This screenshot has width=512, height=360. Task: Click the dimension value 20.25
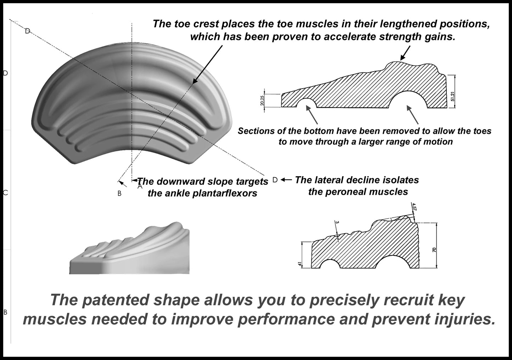point(262,101)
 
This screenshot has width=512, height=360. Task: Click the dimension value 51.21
point(452,96)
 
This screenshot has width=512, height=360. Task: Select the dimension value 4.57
point(414,206)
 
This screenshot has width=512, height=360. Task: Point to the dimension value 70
point(434,250)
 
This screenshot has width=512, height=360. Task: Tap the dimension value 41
point(300,264)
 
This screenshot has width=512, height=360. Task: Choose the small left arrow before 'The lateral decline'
point(286,180)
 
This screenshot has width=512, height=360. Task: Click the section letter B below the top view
point(119,193)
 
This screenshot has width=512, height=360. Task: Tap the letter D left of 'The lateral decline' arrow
point(275,180)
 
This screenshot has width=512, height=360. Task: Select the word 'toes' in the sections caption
point(481,131)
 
